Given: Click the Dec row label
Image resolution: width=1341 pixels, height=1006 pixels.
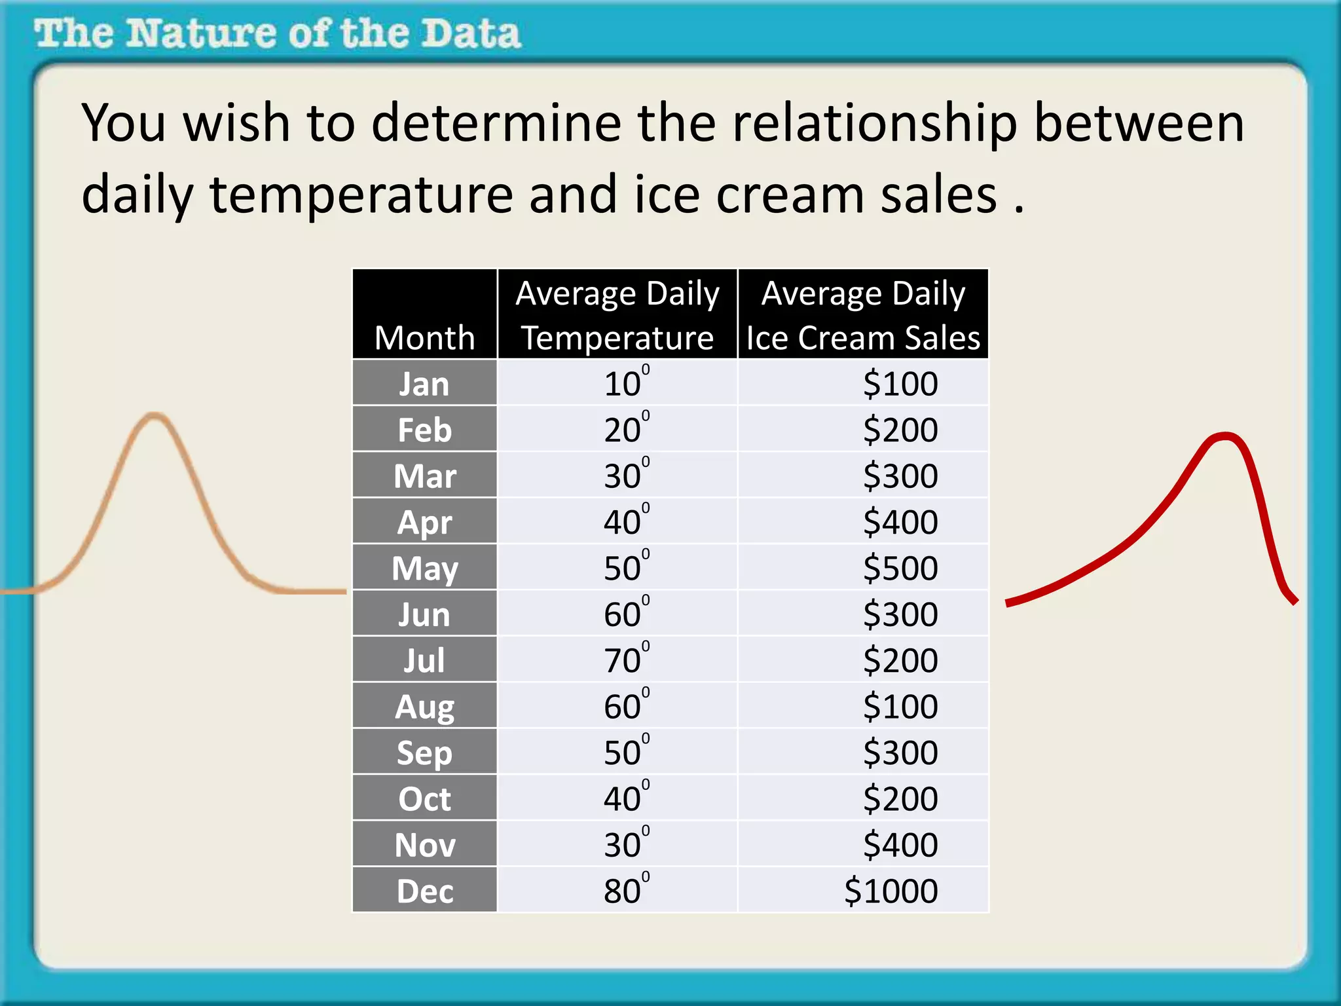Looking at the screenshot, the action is (x=424, y=891).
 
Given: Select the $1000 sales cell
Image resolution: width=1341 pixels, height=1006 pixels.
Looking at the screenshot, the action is (x=891, y=891).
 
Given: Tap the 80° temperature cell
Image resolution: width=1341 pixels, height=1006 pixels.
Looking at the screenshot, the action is (x=625, y=891).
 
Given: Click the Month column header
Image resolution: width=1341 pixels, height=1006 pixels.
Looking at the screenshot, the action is (x=424, y=338).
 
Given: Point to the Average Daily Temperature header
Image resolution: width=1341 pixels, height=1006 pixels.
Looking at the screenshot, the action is (x=617, y=315).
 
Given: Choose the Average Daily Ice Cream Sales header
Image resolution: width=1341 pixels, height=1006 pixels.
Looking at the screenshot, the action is (x=862, y=315).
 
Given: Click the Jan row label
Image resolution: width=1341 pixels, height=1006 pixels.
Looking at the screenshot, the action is (x=424, y=384).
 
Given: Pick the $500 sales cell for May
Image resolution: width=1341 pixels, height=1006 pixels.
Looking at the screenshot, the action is (x=900, y=568).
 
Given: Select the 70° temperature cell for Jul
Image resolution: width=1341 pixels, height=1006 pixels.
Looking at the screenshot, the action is (x=625, y=660).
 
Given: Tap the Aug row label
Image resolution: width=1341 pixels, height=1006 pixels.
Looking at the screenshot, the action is (x=424, y=707).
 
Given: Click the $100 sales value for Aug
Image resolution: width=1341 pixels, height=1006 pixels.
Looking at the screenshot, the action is (x=900, y=707).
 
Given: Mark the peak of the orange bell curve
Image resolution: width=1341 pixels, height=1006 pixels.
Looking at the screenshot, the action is (x=155, y=415).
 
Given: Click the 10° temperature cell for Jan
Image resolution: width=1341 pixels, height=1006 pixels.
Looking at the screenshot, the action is (x=625, y=384).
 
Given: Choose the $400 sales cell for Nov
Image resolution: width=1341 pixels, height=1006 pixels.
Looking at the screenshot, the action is (x=900, y=845).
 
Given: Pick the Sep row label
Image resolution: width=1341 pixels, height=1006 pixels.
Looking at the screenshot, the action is (x=424, y=753).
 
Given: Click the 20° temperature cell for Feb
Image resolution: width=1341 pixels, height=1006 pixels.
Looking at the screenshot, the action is (x=625, y=430).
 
